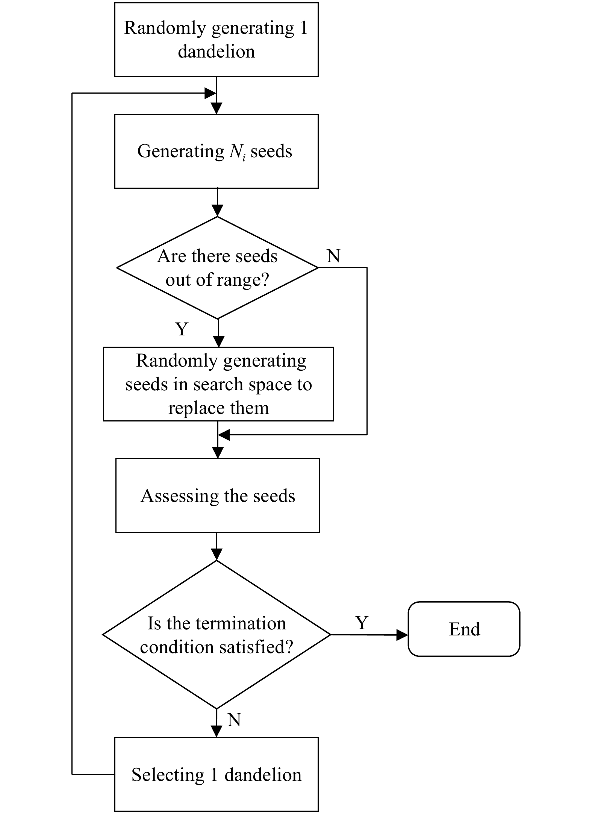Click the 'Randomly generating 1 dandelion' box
[x=216, y=40]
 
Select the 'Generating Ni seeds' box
[x=216, y=151]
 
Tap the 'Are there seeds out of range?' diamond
[x=218, y=268]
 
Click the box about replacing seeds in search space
[x=218, y=384]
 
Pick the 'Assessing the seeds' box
[x=218, y=495]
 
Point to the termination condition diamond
[x=217, y=635]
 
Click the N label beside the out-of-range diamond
[x=333, y=256]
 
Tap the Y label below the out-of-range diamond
[x=182, y=329]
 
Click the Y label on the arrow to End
[x=362, y=623]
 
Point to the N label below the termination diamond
[x=234, y=720]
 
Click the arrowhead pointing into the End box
[x=403, y=635]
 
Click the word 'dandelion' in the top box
[x=217, y=52]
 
